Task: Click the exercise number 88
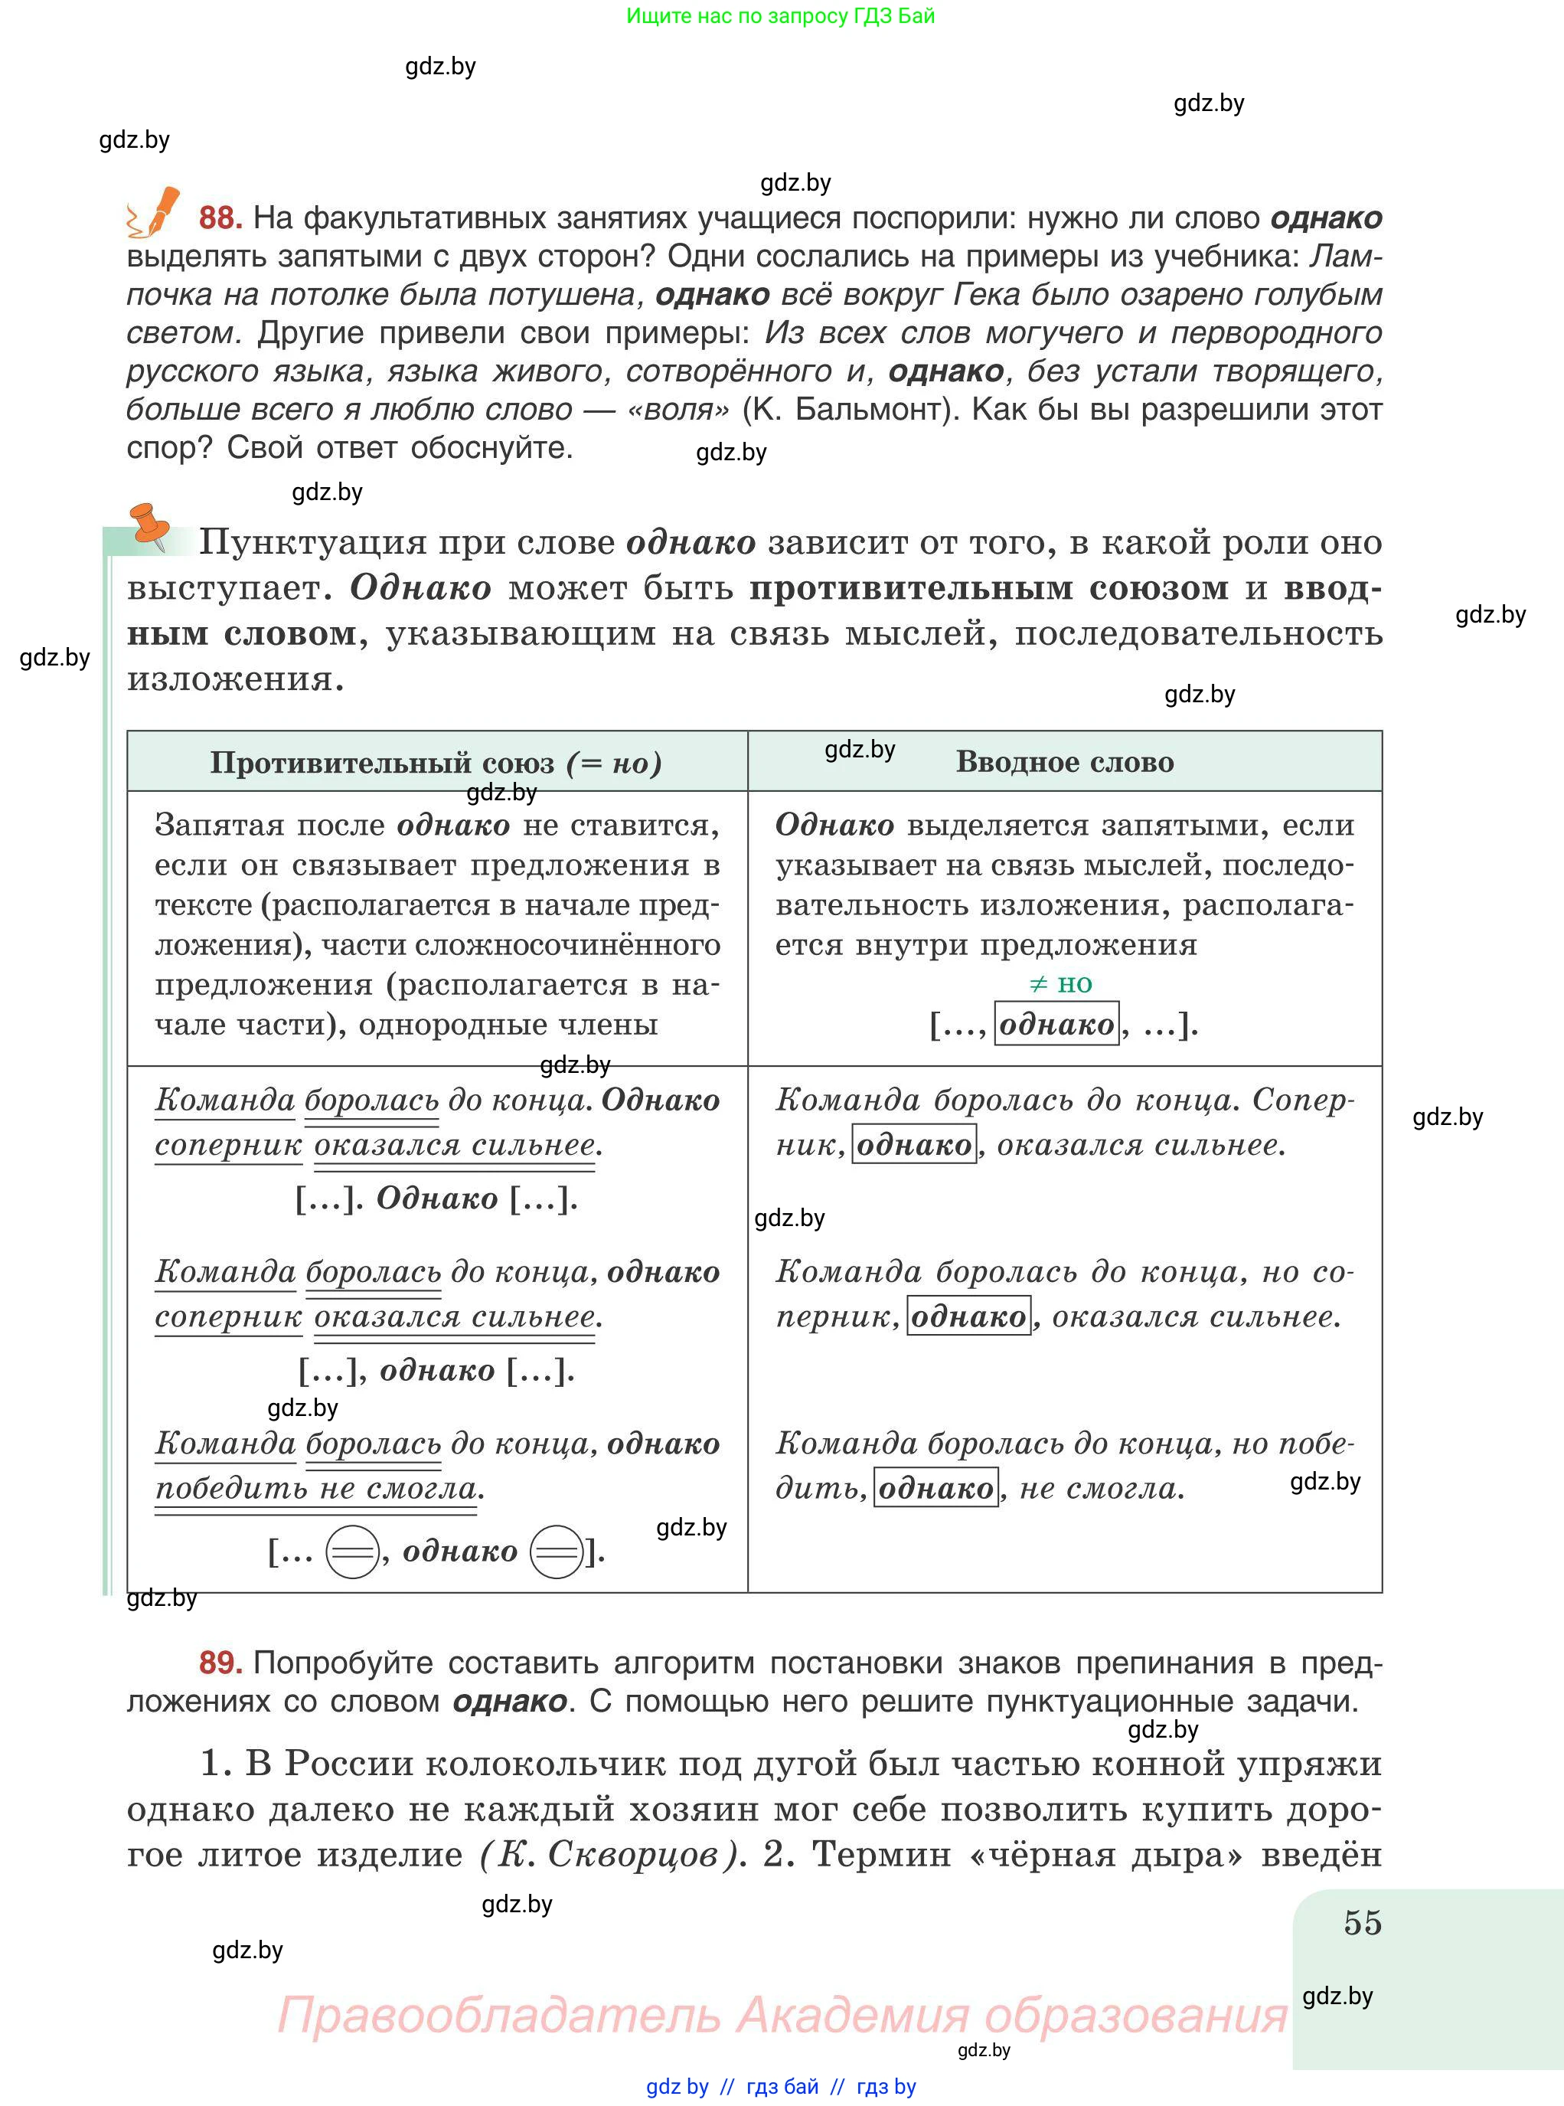[x=220, y=217]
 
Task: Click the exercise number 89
[x=220, y=1663]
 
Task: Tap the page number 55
[x=1363, y=1923]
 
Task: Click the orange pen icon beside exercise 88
[x=156, y=211]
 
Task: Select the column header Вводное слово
[x=1064, y=762]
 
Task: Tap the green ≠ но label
[x=1060, y=984]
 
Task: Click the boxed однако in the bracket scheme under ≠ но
[x=1056, y=1024]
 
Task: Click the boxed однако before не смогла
[x=935, y=1489]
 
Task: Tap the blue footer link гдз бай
[x=782, y=2086]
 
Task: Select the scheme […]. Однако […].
[x=436, y=1199]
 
